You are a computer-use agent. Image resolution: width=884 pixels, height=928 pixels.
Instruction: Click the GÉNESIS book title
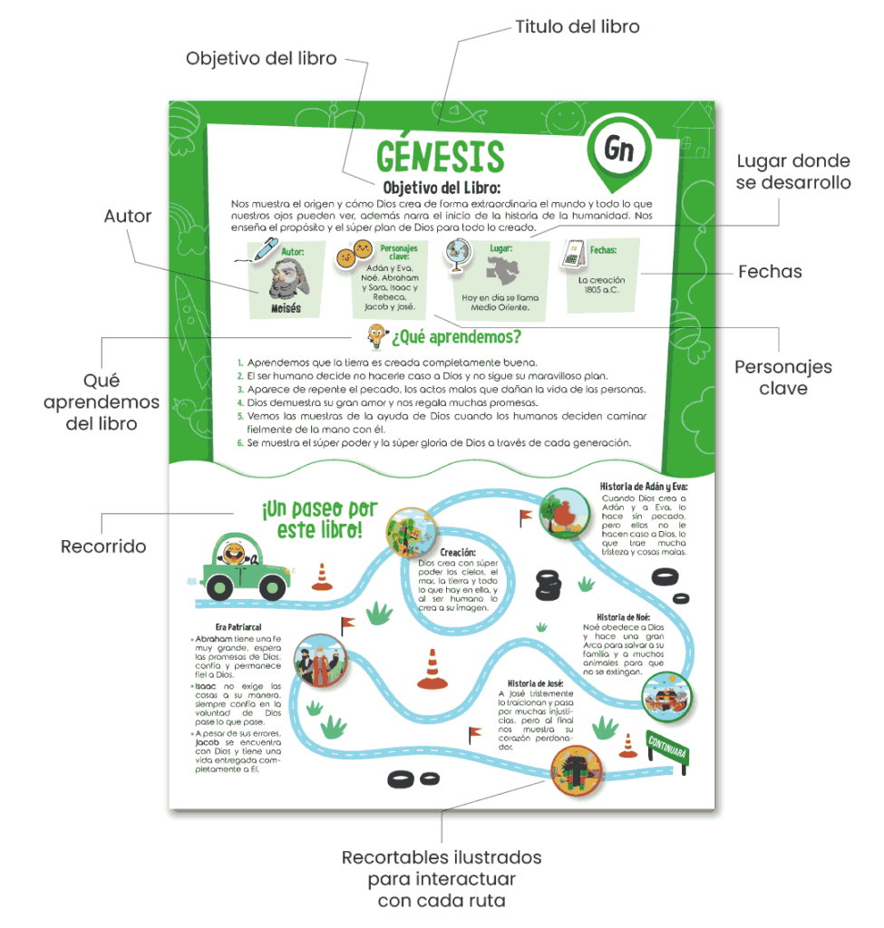point(440,156)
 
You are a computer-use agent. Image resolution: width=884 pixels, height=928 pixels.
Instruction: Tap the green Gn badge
point(619,150)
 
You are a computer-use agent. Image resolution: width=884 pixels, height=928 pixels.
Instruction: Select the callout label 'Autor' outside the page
point(128,217)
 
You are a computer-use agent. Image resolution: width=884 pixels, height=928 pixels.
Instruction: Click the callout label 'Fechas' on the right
point(769,271)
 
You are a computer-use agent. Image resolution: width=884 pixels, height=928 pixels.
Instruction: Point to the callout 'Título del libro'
point(578,26)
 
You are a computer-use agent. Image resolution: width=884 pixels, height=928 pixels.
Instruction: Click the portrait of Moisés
point(287,277)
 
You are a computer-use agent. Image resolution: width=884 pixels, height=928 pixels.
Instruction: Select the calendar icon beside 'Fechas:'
point(572,253)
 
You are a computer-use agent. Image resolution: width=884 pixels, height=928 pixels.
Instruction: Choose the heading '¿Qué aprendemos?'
point(456,338)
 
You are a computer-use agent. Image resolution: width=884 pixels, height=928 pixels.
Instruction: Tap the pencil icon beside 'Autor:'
point(266,248)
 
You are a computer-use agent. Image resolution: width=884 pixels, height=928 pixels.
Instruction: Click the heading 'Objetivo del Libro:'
point(442,188)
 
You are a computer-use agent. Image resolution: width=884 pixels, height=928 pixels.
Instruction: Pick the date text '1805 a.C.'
point(601,290)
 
